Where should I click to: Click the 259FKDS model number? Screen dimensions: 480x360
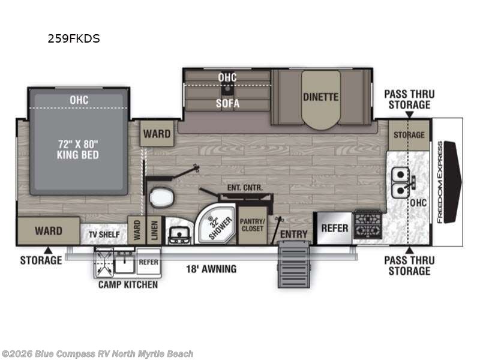tap(74, 38)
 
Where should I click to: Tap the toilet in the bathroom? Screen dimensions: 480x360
tap(162, 198)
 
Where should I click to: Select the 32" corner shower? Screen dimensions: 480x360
tap(216, 224)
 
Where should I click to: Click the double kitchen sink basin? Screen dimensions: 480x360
tap(400, 183)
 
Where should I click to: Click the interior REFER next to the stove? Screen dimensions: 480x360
tap(335, 229)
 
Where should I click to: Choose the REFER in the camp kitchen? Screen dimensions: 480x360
tap(148, 262)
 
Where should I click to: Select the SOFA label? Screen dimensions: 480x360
tap(227, 103)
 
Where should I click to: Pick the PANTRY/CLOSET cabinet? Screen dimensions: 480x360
tap(252, 226)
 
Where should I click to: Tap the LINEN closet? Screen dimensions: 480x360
tap(154, 230)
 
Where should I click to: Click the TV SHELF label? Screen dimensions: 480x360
tap(104, 235)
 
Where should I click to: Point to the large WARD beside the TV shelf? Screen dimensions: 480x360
tap(49, 231)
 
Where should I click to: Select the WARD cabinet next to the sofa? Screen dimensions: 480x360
tap(157, 133)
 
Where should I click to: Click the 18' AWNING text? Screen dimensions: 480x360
tap(211, 269)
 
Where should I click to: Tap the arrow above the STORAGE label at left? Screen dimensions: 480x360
tap(48, 250)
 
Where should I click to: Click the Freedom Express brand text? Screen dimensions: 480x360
tap(440, 182)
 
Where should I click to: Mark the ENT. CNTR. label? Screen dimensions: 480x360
tap(245, 188)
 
